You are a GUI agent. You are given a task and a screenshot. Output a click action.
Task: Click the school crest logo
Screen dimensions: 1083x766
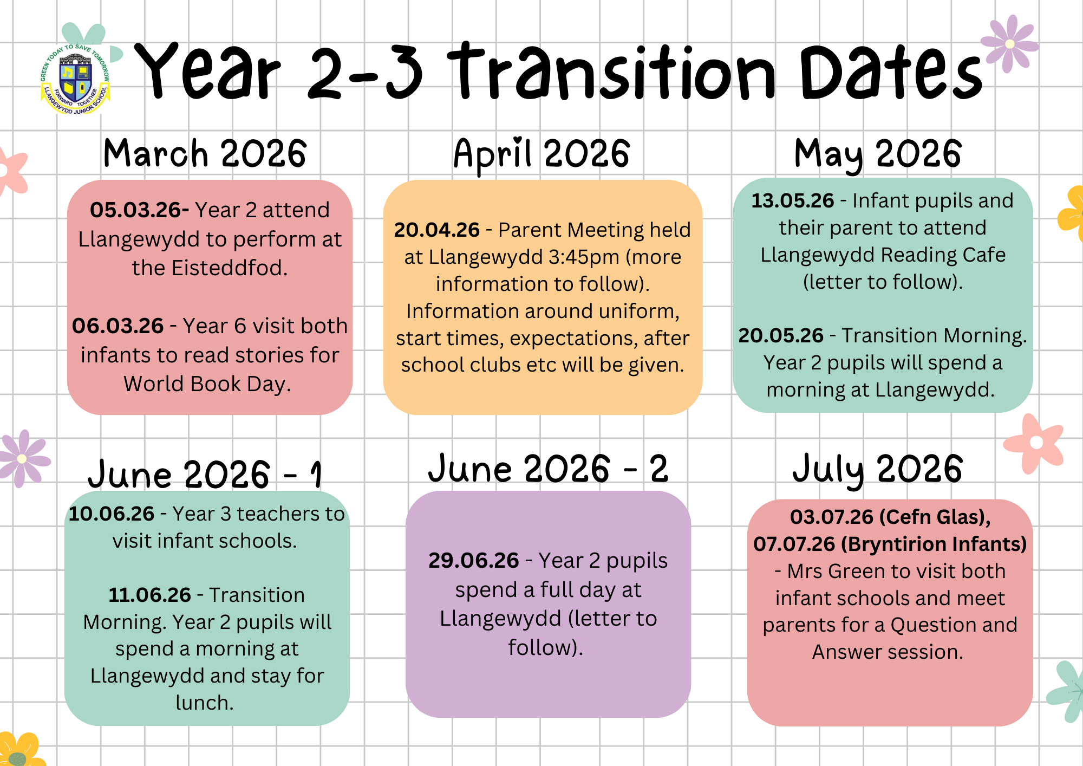point(75,79)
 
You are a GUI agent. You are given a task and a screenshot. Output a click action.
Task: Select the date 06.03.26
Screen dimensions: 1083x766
point(118,326)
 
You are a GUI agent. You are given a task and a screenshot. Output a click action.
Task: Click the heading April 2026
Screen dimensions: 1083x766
point(542,154)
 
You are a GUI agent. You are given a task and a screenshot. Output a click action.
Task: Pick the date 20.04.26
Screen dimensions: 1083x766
point(437,230)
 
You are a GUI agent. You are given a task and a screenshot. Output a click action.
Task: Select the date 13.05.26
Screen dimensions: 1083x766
point(793,201)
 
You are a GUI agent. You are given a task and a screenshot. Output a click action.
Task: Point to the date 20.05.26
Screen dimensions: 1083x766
point(781,336)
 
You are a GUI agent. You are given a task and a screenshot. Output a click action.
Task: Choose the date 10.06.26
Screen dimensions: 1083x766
point(112,514)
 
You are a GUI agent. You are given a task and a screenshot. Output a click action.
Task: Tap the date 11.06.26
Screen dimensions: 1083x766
point(150,595)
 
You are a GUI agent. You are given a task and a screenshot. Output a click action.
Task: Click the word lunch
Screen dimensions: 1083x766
point(204,703)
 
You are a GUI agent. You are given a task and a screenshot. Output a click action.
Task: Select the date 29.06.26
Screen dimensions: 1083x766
point(474,561)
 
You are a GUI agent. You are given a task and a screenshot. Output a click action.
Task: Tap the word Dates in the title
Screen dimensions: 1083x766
point(891,73)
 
